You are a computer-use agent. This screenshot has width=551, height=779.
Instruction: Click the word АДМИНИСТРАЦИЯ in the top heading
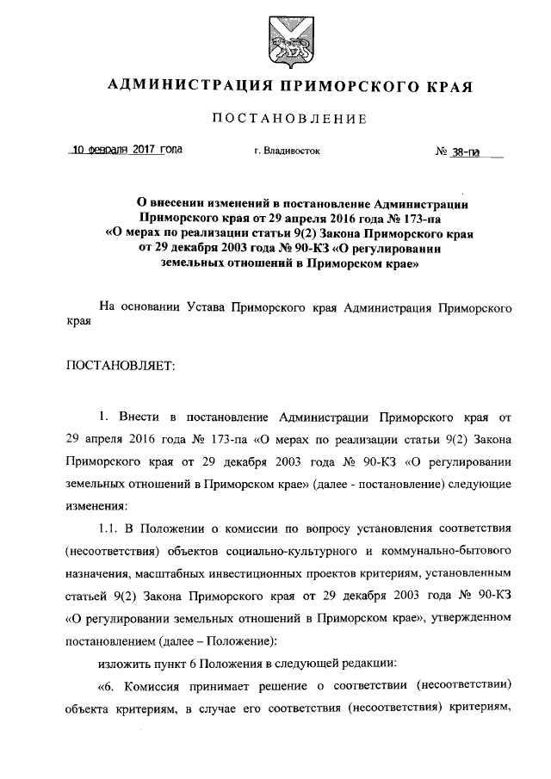(178, 87)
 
